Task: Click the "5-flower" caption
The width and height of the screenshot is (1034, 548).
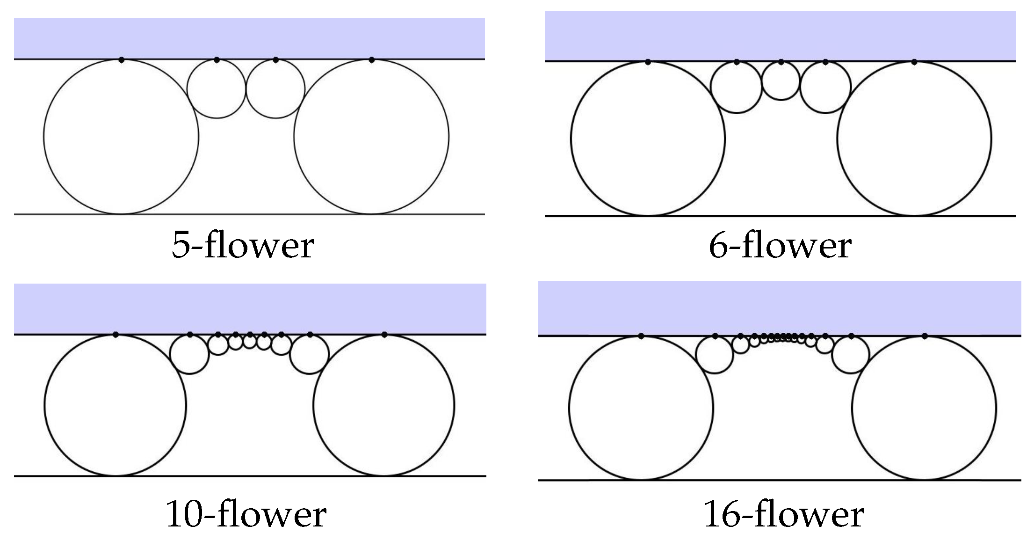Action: pos(243,246)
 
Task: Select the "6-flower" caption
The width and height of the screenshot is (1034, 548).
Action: pos(780,246)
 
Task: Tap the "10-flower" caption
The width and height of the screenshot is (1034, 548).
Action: pos(246,514)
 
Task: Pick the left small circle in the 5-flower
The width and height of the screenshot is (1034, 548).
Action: pos(216,89)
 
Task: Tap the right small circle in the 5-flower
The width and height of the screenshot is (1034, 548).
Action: pos(275,89)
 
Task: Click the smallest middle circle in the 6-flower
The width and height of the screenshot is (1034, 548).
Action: pos(781,81)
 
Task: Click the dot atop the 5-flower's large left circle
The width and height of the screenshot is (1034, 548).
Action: pos(122,60)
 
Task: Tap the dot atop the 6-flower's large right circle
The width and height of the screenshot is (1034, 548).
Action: pos(914,62)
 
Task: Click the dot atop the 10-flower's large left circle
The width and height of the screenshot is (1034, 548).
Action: pos(116,335)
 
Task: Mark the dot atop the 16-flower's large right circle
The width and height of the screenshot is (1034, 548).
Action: pos(924,336)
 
